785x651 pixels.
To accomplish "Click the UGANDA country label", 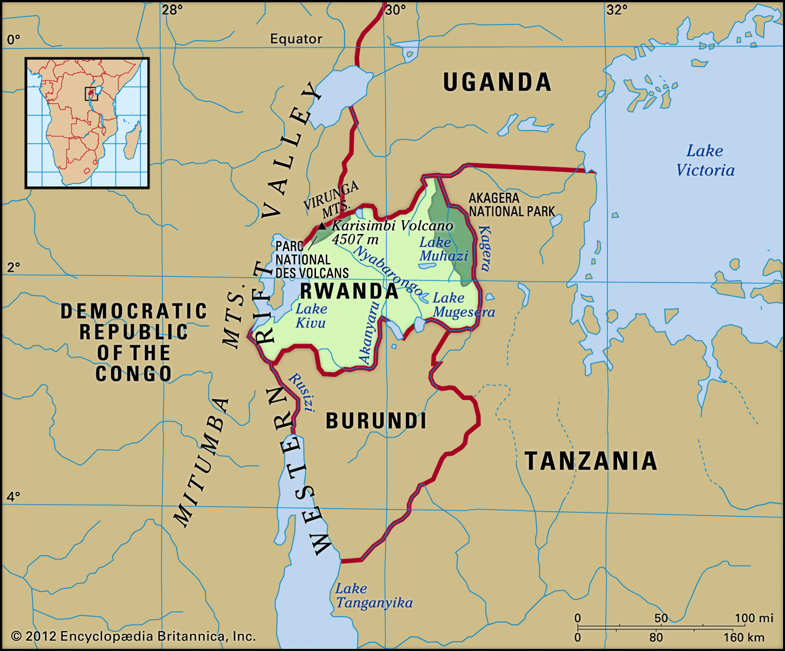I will click(497, 82).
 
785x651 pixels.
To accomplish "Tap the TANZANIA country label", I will click(591, 461).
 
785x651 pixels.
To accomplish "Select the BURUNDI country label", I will click(376, 421).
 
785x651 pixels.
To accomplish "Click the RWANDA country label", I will click(349, 291).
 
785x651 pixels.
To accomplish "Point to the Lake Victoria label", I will click(705, 160).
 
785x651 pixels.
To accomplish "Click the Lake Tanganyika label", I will click(374, 596).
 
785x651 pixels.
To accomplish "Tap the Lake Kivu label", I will click(311, 316).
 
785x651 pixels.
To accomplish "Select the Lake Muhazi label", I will click(443, 249).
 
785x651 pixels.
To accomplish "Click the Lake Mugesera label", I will click(463, 305).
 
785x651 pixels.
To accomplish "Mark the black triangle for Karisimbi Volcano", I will click(322, 226).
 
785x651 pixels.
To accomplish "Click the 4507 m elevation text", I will click(355, 239).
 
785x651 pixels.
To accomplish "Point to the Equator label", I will click(296, 39).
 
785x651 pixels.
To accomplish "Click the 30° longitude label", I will click(395, 10).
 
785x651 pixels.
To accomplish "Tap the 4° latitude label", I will click(14, 496).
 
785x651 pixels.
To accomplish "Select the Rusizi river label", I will click(302, 392).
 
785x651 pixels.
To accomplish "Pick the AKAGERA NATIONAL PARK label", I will click(512, 205).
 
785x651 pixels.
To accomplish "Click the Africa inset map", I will click(87, 123).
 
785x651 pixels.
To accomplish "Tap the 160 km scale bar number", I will click(744, 637).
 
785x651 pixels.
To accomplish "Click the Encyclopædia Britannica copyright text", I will click(133, 636).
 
